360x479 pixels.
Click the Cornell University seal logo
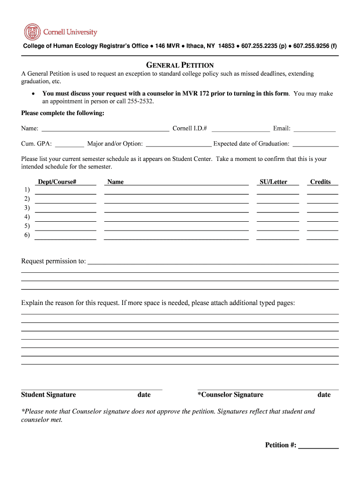coord(32,32)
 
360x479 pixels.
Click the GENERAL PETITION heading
coord(180,65)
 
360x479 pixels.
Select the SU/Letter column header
coord(274,182)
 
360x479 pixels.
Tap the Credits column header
coord(320,182)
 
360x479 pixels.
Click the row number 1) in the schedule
coord(27,189)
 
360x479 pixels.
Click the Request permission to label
coord(53,261)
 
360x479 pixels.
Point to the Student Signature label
coord(48,395)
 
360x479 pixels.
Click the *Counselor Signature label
coord(230,395)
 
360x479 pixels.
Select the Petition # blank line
coord(318,446)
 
